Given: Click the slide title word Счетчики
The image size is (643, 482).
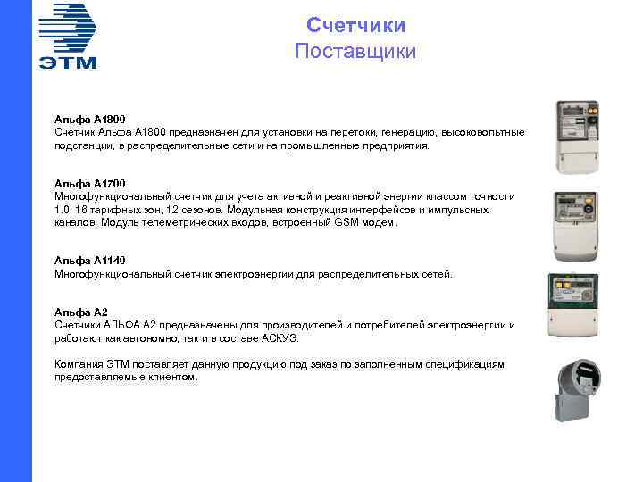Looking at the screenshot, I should pyautogui.click(x=355, y=25).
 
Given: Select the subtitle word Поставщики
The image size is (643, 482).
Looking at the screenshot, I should pyautogui.click(x=355, y=51).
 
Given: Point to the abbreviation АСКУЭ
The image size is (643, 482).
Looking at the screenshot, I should pyautogui.click(x=281, y=338).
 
